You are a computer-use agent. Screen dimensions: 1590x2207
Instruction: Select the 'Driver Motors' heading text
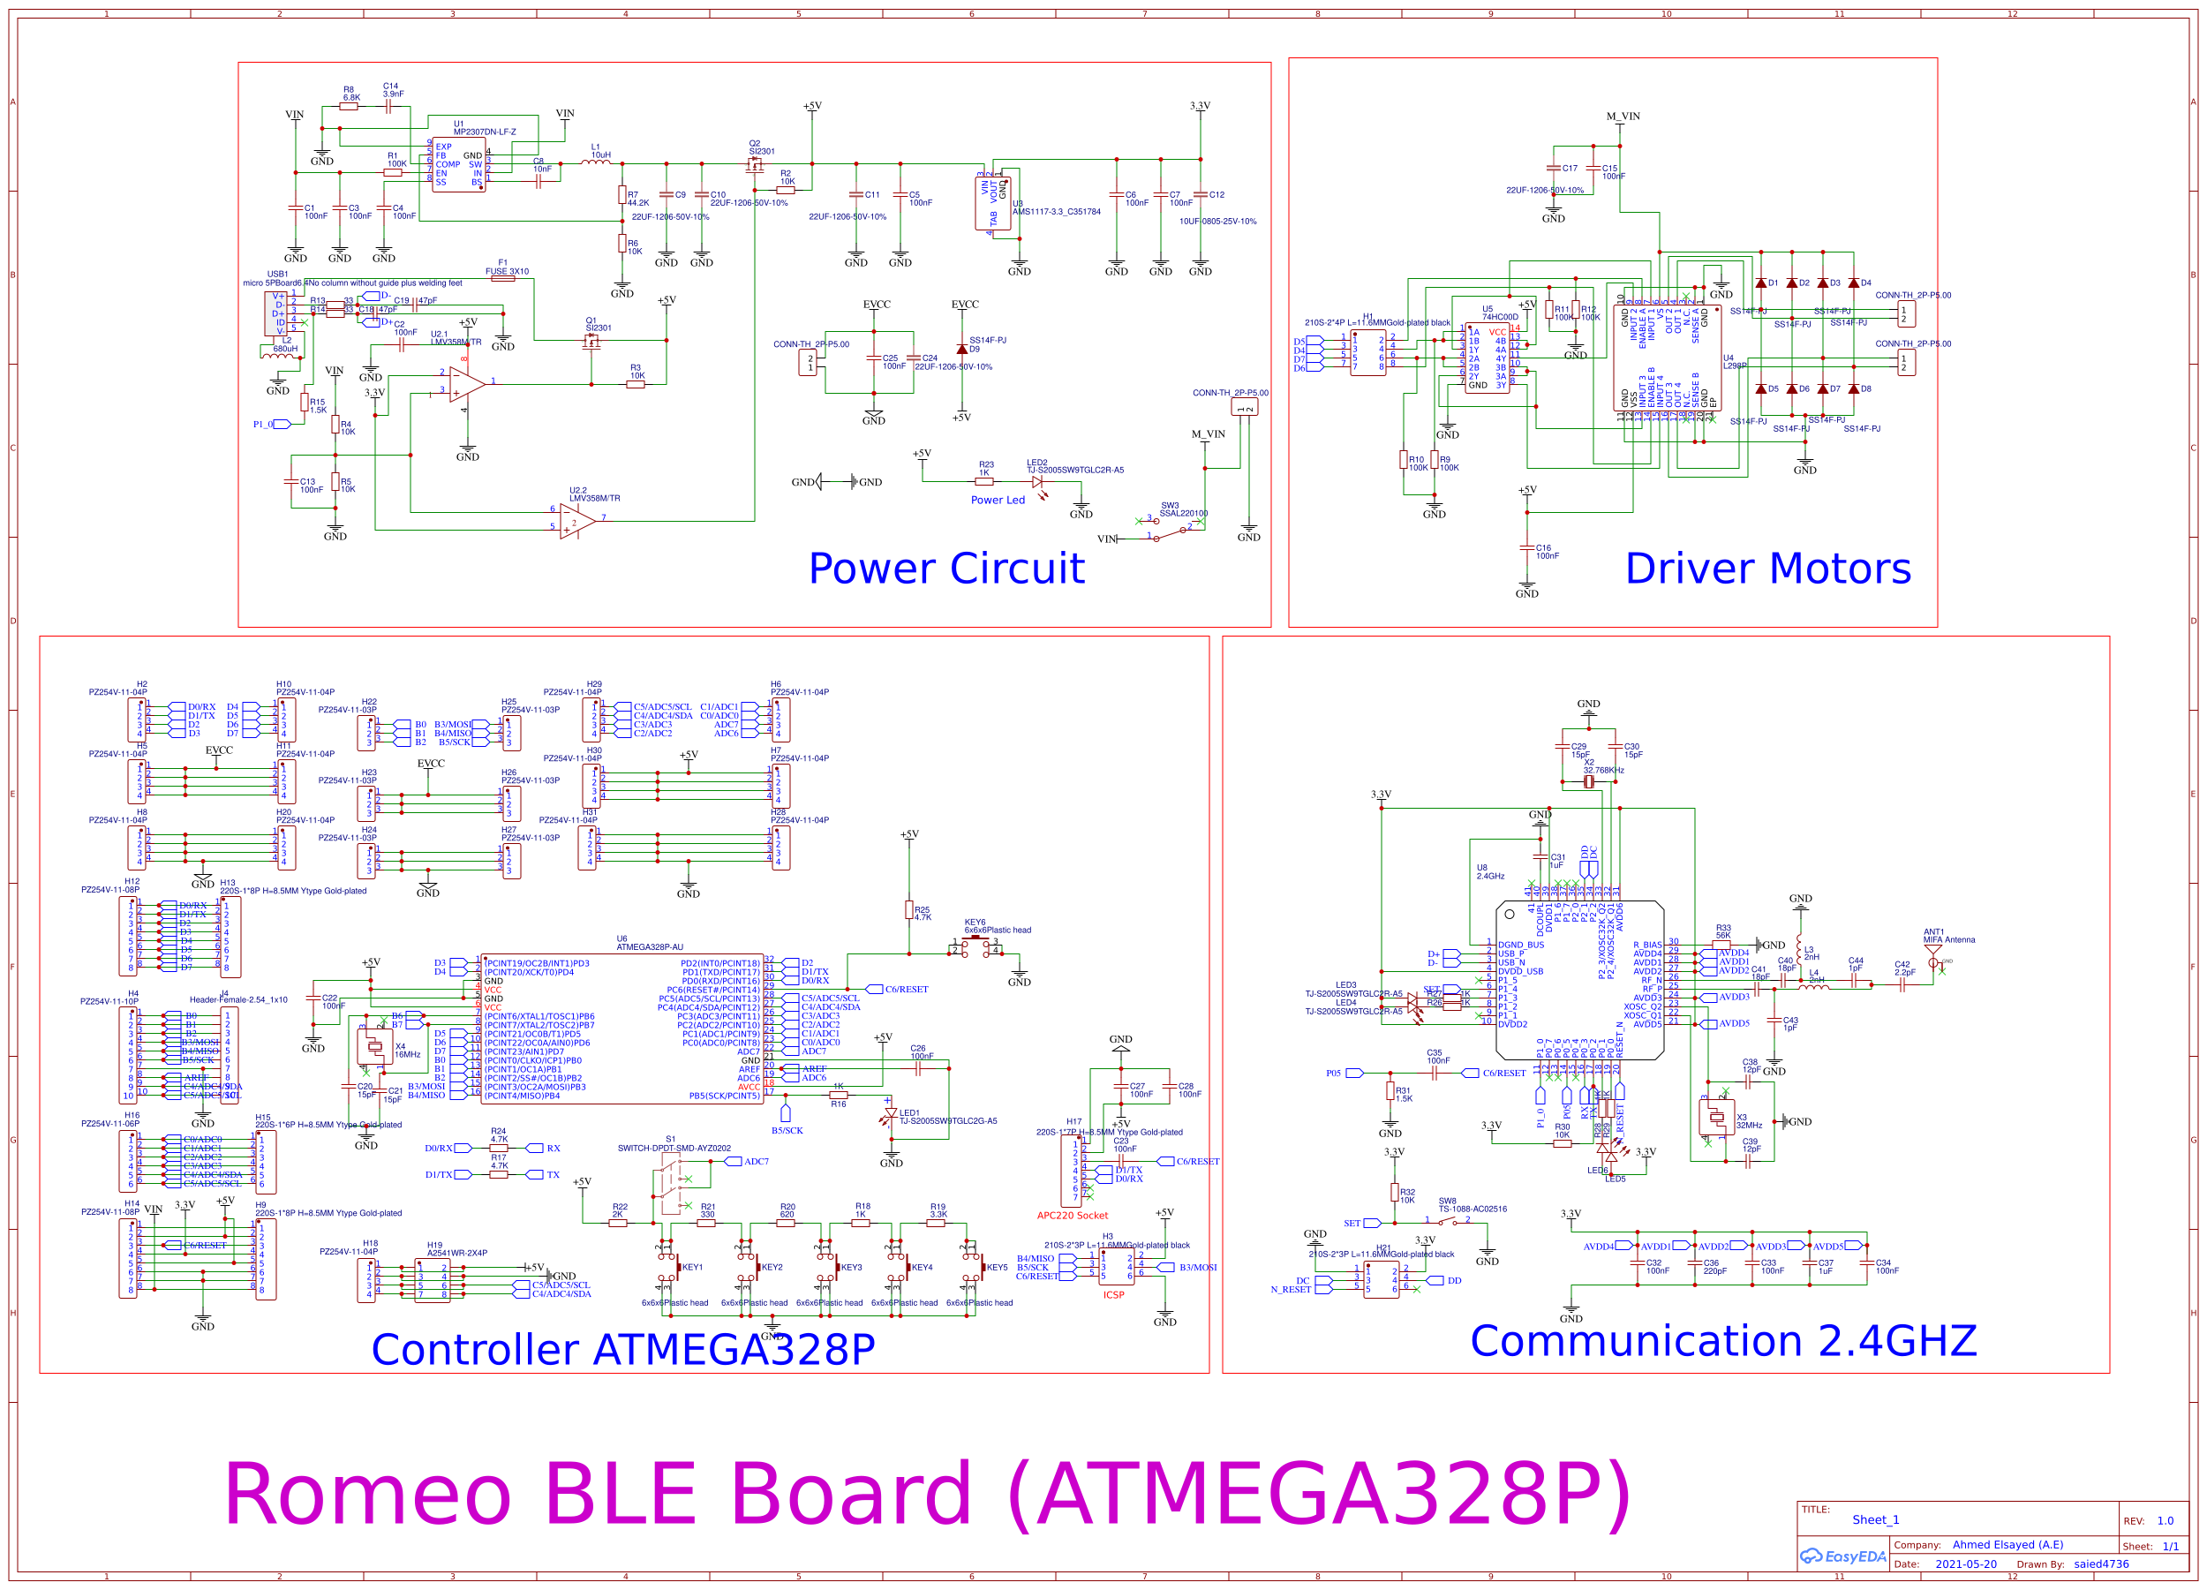coord(1767,569)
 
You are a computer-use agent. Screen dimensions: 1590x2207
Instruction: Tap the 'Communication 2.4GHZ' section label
coord(1722,1341)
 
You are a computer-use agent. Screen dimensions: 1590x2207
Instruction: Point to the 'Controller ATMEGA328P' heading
coord(622,1350)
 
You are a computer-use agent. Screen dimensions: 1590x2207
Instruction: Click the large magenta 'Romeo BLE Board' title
coord(926,1495)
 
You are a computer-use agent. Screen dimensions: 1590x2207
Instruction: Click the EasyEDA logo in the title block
coord(1842,1556)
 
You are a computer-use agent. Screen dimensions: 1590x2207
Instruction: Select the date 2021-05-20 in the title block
coord(1965,1564)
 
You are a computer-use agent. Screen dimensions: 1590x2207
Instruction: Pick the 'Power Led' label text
coord(998,501)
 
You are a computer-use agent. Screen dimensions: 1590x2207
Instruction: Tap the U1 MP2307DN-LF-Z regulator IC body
coord(458,165)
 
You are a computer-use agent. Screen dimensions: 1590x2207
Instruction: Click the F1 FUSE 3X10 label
coord(507,268)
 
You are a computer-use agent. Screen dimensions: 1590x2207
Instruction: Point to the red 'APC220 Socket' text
coord(1073,1216)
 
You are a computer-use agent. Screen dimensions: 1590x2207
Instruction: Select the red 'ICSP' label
coord(1113,1295)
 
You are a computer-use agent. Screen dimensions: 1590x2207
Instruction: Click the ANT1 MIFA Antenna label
coord(1948,936)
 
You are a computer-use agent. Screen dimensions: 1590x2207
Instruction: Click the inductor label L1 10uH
coord(600,151)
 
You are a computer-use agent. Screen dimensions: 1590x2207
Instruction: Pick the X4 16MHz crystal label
coord(407,1051)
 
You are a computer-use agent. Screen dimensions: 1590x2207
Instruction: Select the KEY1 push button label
coord(692,1268)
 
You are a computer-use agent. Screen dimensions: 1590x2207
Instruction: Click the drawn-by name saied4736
coord(2100,1564)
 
